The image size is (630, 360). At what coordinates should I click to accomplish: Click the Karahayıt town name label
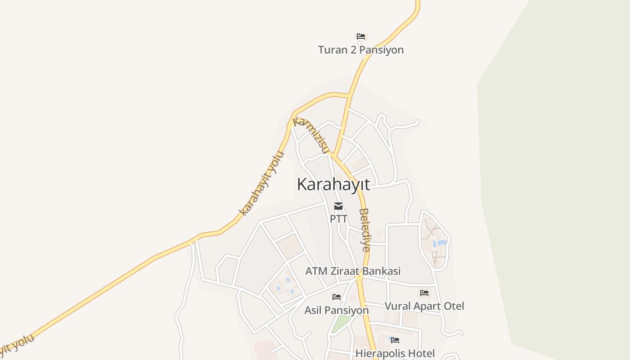pos(333,184)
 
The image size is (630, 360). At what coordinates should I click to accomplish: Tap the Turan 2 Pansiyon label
pos(361,50)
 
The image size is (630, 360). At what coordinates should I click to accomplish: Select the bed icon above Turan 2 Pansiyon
pos(360,36)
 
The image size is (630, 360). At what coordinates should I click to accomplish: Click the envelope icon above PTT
pos(338,207)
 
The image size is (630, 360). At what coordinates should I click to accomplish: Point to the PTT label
pos(338,219)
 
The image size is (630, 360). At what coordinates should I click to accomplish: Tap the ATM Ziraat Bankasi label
pos(353,271)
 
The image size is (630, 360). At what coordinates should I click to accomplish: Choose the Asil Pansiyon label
pos(337,310)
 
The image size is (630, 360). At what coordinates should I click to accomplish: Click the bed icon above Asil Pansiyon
pos(337,297)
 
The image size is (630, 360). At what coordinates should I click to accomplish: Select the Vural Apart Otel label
pos(424,306)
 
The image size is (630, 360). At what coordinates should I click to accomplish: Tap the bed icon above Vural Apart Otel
pos(424,293)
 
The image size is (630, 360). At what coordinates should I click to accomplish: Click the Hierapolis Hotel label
pos(395,353)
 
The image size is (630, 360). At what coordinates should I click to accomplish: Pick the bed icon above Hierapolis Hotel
pos(395,340)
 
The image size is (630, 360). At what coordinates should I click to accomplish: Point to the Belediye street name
pos(365,229)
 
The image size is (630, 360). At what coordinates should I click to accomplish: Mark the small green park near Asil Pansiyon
pos(341,323)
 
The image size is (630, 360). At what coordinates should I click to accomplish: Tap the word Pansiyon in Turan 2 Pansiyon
pos(382,50)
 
